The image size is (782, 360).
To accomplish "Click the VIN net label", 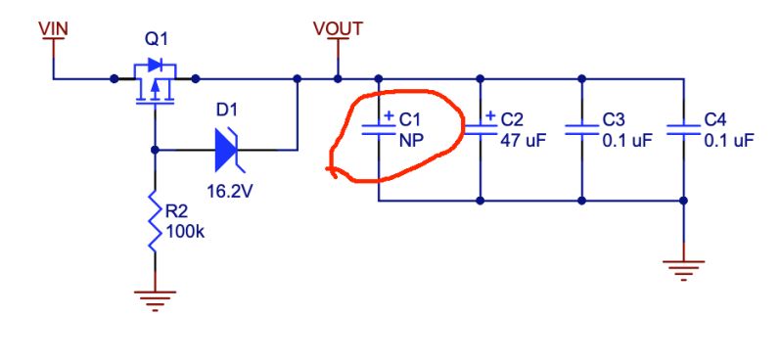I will coord(53,28).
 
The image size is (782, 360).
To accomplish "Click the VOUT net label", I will coord(338,28).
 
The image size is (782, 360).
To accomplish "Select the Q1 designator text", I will coord(156,40).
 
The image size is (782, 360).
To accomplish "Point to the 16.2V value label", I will coord(230,191).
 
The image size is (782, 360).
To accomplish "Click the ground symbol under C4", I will coord(683,268).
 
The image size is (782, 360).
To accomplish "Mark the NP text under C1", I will coord(410,140).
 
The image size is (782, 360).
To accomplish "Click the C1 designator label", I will coord(409,119).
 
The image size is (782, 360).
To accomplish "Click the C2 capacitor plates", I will coord(481,129).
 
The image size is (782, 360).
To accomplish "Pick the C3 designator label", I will coord(614,119).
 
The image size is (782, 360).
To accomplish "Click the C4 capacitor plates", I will coord(683,129).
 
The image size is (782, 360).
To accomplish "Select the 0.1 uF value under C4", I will coord(729,140).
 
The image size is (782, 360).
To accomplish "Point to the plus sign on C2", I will coord(490,116).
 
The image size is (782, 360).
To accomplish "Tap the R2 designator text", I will coord(176,211).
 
